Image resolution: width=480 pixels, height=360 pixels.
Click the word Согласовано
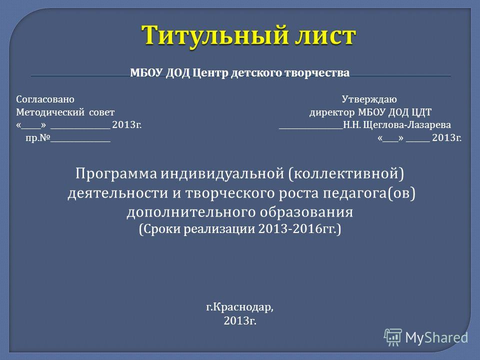pyautogui.click(x=45, y=99)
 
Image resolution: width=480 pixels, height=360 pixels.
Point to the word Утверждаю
pyautogui.click(x=369, y=99)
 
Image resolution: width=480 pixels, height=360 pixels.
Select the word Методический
pyautogui.click(x=50, y=112)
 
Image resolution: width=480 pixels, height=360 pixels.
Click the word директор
pyautogui.click(x=332, y=112)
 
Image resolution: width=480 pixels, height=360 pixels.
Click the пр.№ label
pyautogui.click(x=37, y=138)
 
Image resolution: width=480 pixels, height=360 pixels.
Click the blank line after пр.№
pyautogui.click(x=80, y=141)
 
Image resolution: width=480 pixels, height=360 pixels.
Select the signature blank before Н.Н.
pyautogui.click(x=311, y=128)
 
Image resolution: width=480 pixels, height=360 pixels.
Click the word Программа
pyautogui.click(x=116, y=174)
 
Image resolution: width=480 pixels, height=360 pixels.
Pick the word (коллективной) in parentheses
pyautogui.click(x=346, y=174)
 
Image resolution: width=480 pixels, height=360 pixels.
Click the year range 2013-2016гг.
pyautogui.click(x=297, y=228)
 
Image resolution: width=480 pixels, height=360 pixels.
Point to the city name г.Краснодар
pyautogui.click(x=239, y=307)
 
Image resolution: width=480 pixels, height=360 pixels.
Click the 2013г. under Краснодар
pyautogui.click(x=239, y=321)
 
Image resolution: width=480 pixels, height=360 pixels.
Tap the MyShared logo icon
pyautogui.click(x=393, y=337)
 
